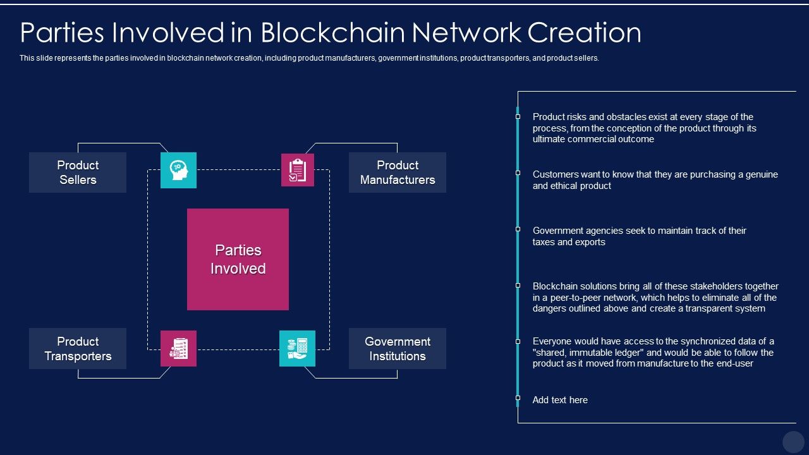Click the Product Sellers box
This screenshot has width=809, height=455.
pyautogui.click(x=78, y=173)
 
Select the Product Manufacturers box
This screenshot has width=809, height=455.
pyautogui.click(x=398, y=173)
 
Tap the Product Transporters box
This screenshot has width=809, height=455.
pyautogui.click(x=78, y=348)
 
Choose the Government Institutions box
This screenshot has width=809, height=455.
pyautogui.click(x=398, y=348)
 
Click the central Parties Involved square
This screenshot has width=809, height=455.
pyautogui.click(x=238, y=259)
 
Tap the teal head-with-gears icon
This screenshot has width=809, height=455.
pyautogui.click(x=178, y=170)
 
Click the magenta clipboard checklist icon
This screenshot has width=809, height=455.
pyautogui.click(x=297, y=170)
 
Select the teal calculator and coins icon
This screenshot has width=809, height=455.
pyautogui.click(x=297, y=348)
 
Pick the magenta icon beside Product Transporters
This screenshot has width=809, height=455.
pyautogui.click(x=178, y=348)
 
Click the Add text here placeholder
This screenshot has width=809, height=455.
pyautogui.click(x=560, y=400)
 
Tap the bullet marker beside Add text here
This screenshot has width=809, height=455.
pyautogui.click(x=518, y=398)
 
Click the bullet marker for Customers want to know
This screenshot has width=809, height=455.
pyautogui.click(x=518, y=173)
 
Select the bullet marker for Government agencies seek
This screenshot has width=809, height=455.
pyautogui.click(x=518, y=229)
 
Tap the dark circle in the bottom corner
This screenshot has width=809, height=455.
pyautogui.click(x=793, y=442)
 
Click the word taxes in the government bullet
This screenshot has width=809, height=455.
pyautogui.click(x=545, y=242)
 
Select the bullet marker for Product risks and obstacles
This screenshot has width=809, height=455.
pyautogui.click(x=518, y=116)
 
